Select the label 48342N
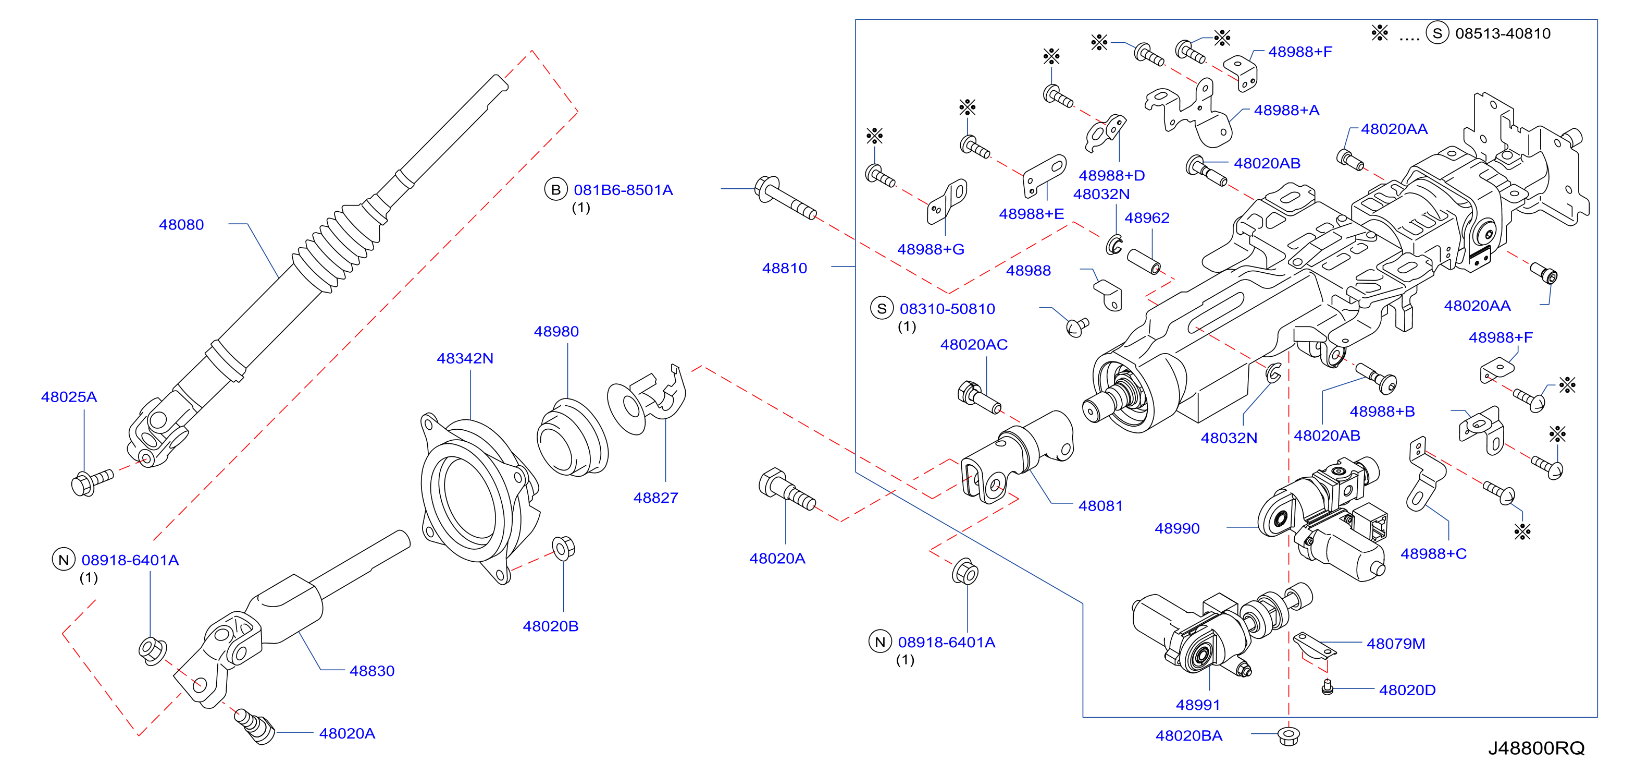465,358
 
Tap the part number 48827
656,498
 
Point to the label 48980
556,332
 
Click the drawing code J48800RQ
1536,748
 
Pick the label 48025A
69,397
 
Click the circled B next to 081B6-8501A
556,189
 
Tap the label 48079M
1396,644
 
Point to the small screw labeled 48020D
1328,687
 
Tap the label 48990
1177,528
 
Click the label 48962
1147,217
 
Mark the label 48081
1100,506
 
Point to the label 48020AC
974,344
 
